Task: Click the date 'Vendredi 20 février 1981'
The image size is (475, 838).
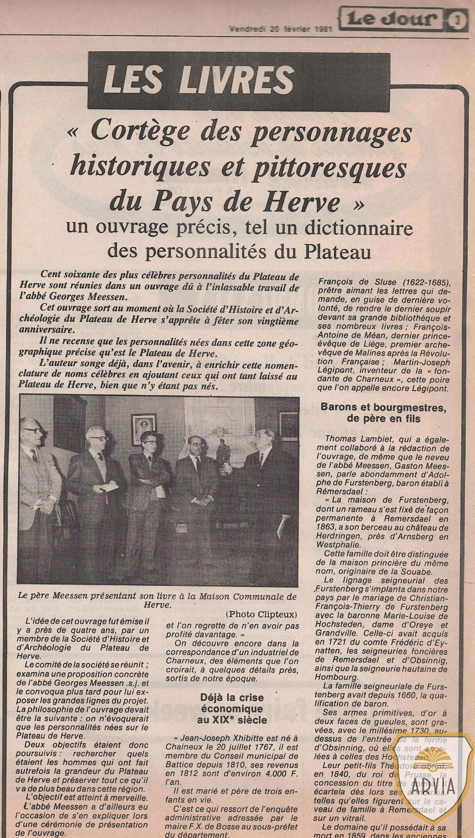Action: point(281,29)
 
